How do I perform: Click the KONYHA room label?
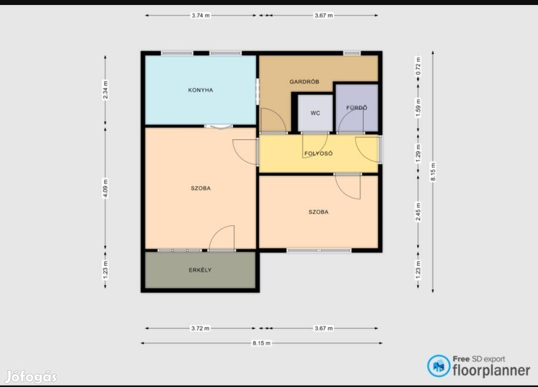coord(200,90)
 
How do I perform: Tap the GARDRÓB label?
coord(304,82)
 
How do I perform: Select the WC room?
coord(315,113)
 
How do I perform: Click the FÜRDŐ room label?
coord(357,108)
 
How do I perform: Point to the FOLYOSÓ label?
coord(318,153)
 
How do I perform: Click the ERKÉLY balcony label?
coord(200,270)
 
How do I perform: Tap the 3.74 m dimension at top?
coord(201,15)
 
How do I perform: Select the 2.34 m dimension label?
coord(105,90)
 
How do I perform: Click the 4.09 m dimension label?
coord(105,188)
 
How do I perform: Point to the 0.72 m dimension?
coord(418,66)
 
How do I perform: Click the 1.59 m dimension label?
coord(418,108)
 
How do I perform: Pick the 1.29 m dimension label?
coord(418,153)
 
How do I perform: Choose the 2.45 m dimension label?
coord(418,212)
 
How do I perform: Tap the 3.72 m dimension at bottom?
coord(200,328)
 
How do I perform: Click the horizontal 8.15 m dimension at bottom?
coord(262,343)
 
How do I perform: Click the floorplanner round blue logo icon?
coord(438,366)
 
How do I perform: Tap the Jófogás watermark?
coord(31,377)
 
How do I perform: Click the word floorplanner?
coord(491,371)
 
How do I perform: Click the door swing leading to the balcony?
coord(222,238)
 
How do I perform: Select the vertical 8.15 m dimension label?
coord(433,172)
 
